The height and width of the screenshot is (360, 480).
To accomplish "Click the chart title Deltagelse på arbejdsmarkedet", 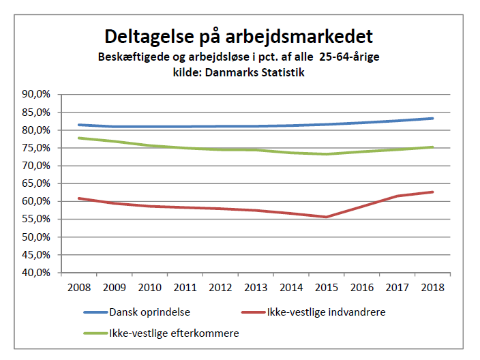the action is (x=239, y=37).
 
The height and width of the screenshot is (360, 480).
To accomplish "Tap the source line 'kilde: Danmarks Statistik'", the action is (x=239, y=72).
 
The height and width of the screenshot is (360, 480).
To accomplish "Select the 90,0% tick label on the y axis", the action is (x=36, y=94).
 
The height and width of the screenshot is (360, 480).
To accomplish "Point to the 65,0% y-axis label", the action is (x=36, y=183).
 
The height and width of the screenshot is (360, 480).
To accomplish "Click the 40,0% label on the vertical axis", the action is (x=36, y=273).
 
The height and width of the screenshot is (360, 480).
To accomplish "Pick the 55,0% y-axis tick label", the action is (x=36, y=219).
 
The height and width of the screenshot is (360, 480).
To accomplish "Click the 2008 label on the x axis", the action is (x=79, y=288).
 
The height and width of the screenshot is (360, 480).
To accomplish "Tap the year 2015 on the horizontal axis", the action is (x=327, y=288).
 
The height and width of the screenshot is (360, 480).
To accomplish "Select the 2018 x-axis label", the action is (x=432, y=288).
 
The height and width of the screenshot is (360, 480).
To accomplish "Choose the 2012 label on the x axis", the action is (x=220, y=288).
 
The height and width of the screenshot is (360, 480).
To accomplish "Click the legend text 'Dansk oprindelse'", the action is (x=150, y=312).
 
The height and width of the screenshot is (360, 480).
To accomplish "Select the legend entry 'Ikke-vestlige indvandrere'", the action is (x=327, y=312).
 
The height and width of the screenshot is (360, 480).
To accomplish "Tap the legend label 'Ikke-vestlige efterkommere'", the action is (x=174, y=333).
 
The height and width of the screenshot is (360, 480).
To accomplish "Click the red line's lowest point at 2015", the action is (x=327, y=217).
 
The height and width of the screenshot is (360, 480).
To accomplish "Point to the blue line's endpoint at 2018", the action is (x=432, y=119).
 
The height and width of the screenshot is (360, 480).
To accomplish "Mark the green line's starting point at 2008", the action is (x=79, y=138).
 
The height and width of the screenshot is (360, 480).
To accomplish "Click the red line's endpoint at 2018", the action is (x=432, y=192).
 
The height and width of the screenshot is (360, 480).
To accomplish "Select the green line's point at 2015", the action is (x=327, y=154).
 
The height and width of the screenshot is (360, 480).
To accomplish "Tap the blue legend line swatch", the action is (x=96, y=312).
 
